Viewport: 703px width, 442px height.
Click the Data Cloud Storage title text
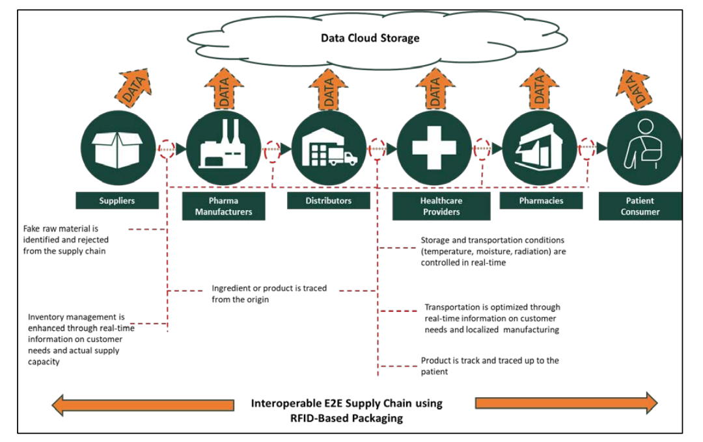(x=370, y=38)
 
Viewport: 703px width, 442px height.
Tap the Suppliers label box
(x=117, y=201)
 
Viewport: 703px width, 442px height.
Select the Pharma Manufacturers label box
(x=223, y=206)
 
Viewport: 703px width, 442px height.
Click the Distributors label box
(x=329, y=201)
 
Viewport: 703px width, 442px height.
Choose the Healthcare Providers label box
(x=441, y=206)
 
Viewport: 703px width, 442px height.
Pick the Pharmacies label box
(x=541, y=201)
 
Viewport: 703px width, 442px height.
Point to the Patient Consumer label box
(x=640, y=206)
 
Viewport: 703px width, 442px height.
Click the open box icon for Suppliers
(x=118, y=148)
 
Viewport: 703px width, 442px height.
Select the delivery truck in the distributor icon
(x=343, y=157)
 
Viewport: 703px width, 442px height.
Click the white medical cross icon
(x=434, y=148)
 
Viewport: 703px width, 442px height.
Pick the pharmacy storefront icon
(x=540, y=148)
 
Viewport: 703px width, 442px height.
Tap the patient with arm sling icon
(x=642, y=148)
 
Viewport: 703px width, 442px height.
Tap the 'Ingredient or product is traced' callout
(x=269, y=294)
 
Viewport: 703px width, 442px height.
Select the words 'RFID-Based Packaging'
(x=346, y=418)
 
